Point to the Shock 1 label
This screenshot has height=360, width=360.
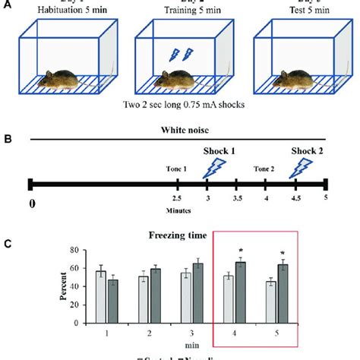[217, 150]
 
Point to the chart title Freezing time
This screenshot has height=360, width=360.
[180, 235]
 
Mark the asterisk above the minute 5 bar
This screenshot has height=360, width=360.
[282, 254]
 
